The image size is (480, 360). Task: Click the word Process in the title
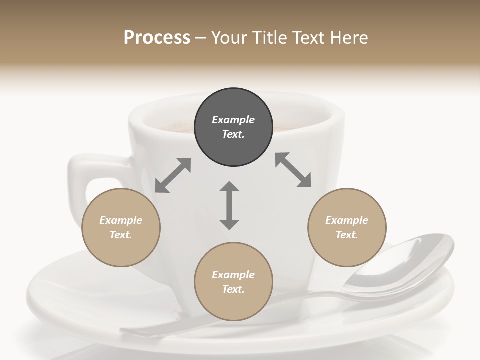pyautogui.click(x=157, y=37)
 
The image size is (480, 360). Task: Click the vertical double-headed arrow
pyautogui.click(x=229, y=205)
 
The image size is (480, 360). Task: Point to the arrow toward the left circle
pyautogui.click(x=173, y=175)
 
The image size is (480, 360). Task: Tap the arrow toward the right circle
pyautogui.click(x=293, y=170)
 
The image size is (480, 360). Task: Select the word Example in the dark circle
pyautogui.click(x=233, y=120)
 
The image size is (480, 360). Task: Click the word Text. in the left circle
pyautogui.click(x=121, y=235)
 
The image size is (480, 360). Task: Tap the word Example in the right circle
pyautogui.click(x=347, y=220)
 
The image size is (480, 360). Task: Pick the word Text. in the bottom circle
pyautogui.click(x=233, y=289)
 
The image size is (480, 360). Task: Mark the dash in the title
pyautogui.click(x=201, y=38)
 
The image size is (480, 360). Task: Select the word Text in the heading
pyautogui.click(x=309, y=37)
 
